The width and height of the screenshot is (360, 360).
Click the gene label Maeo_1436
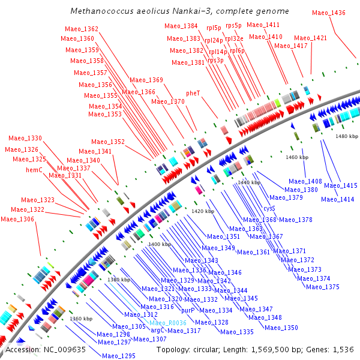point(329,13)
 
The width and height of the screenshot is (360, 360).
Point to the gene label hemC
point(34,170)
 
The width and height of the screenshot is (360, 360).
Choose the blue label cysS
point(269,208)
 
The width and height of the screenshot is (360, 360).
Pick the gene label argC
point(157,330)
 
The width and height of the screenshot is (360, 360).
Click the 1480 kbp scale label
point(346,137)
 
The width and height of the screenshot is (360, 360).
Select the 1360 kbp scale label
point(80,319)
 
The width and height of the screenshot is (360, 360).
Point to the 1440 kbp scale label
point(249,182)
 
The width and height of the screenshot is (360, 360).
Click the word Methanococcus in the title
point(100,11)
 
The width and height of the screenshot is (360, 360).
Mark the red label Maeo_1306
point(17,219)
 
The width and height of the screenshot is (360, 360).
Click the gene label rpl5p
point(213,27)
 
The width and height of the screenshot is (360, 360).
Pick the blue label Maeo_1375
point(323,287)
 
